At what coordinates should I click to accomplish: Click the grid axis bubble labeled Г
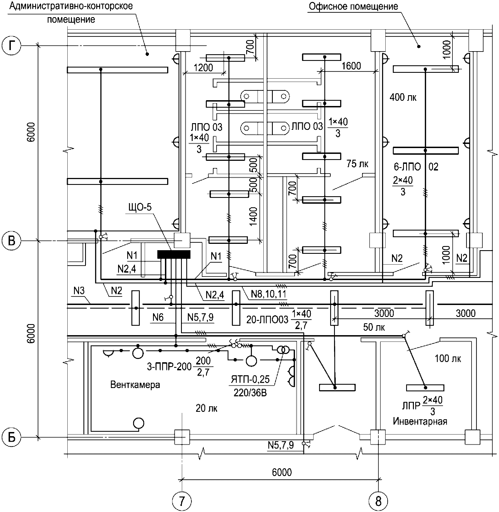click(11, 46)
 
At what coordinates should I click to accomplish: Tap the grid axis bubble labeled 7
click(182, 501)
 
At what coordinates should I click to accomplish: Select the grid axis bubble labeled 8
click(378, 501)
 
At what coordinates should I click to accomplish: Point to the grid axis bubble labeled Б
click(11, 438)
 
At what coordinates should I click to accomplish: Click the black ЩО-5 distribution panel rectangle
click(174, 254)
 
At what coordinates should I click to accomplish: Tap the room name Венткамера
click(135, 385)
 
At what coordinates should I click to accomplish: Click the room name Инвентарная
click(420, 422)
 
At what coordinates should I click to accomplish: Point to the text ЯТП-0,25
click(250, 379)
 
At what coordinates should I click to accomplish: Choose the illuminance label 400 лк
click(403, 97)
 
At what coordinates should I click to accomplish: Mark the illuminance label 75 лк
click(357, 164)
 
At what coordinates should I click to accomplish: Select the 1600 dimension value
click(351, 66)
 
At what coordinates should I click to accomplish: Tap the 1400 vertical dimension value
click(253, 216)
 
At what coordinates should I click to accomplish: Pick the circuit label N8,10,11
click(268, 294)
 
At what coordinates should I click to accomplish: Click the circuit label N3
click(79, 291)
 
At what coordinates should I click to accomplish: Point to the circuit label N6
click(158, 317)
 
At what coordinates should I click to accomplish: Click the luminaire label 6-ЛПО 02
click(416, 167)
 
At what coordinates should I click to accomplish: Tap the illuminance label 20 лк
click(207, 408)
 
